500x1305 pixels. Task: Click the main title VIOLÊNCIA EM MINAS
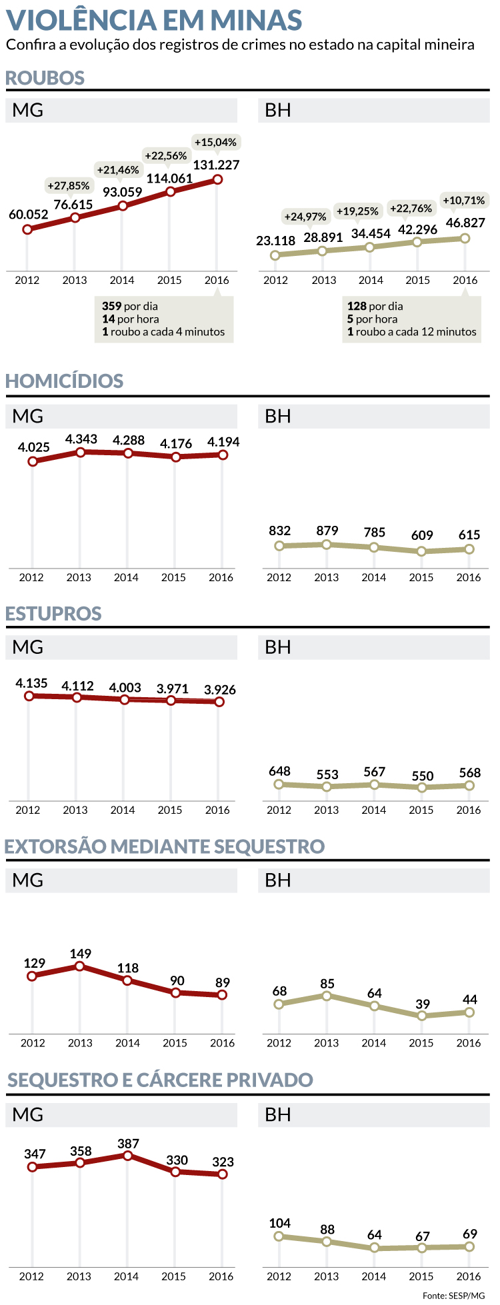154,20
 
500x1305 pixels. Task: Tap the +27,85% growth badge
69,186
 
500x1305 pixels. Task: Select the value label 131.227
216,165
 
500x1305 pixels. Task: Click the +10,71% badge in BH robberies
464,201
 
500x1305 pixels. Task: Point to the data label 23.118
275,241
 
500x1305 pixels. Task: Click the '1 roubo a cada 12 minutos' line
411,332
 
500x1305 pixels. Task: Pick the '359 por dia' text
130,307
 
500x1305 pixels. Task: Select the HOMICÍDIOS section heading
65,381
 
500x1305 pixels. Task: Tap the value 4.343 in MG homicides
81,439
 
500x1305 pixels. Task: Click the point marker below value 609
421,551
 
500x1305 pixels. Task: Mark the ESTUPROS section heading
53,614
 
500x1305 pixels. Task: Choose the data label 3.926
219,690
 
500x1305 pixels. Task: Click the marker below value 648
279,784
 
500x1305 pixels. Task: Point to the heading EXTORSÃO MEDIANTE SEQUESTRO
165,846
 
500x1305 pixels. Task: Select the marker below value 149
80,966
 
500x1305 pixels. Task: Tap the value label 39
422,1004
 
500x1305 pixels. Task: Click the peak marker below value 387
128,1156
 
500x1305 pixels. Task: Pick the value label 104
279,1223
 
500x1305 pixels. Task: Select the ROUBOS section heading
45,78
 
